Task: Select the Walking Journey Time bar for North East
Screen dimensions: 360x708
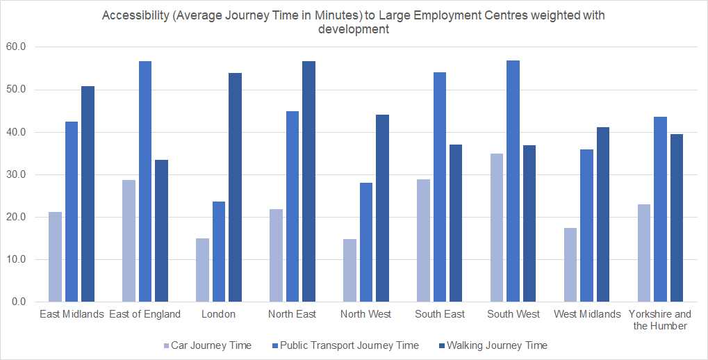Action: click(308, 181)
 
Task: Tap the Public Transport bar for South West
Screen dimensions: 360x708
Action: click(513, 181)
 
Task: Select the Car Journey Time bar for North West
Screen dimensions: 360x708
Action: click(349, 270)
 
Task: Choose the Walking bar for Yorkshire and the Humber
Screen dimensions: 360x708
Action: click(677, 218)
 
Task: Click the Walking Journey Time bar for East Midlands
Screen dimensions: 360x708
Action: click(88, 194)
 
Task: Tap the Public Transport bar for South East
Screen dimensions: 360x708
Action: click(439, 187)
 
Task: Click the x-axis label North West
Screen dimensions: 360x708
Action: click(365, 314)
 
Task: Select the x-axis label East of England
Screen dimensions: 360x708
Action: click(145, 314)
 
